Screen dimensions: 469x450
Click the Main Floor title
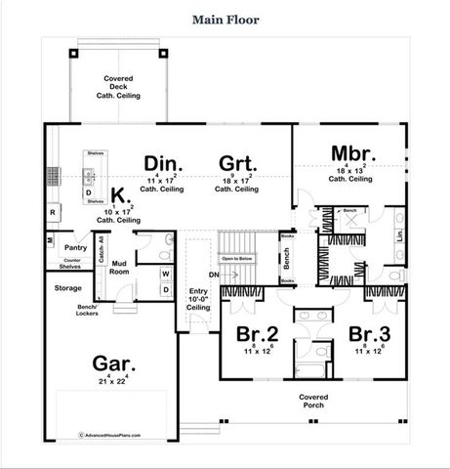point(225,19)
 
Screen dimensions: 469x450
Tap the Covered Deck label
point(118,86)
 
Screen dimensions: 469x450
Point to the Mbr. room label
point(348,154)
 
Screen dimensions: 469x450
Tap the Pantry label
point(63,248)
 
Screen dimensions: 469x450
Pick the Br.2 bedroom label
point(258,333)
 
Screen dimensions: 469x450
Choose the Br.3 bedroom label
point(369,333)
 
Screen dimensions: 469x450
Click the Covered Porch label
point(314,402)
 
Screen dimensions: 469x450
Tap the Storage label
point(67,288)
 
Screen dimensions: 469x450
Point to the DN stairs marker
point(203,276)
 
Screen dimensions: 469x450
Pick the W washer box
point(165,275)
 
